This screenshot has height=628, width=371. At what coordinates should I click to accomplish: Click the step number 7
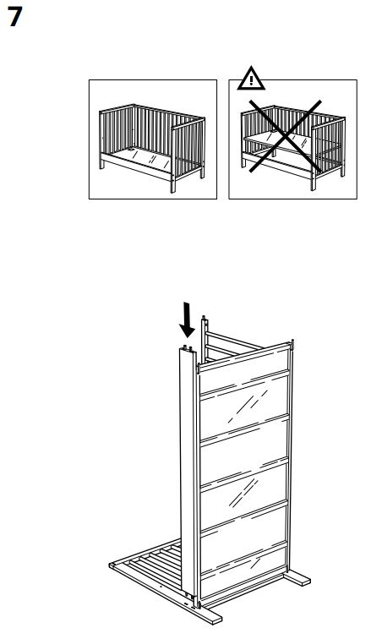coord(14,18)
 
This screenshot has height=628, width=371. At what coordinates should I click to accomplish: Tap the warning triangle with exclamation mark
coord(250,80)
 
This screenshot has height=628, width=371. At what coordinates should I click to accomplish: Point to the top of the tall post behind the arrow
coord(204,319)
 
